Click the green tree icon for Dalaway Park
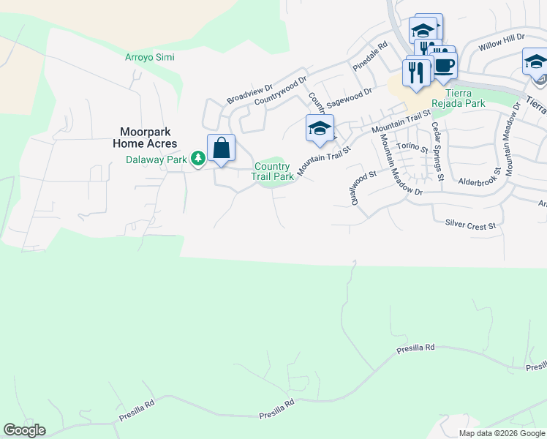[x=197, y=158]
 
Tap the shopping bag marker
[x=221, y=149]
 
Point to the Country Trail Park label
[x=273, y=171]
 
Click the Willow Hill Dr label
[x=502, y=42]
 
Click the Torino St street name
[x=413, y=146]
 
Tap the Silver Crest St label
[x=465, y=223]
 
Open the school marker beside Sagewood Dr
[x=320, y=129]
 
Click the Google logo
[x=24, y=430]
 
